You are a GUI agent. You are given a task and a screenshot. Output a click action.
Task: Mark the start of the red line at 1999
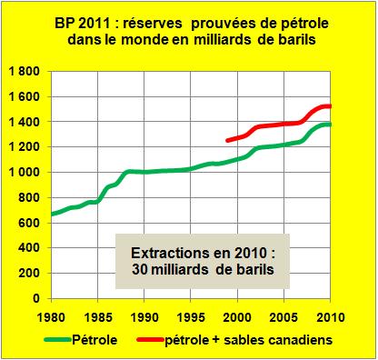(x=227, y=141)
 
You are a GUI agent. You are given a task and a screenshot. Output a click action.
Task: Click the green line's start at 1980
(x=53, y=214)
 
